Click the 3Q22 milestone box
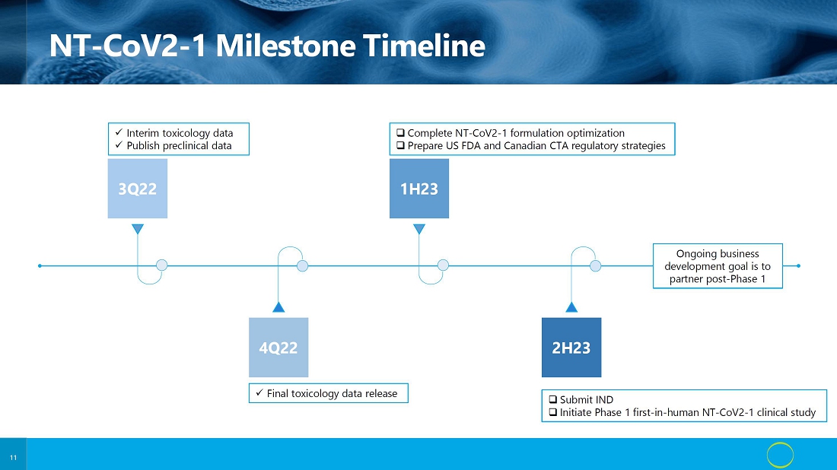138,189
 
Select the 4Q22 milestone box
278,348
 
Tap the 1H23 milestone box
419,189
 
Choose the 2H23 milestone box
571,348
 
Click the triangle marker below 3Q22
138,229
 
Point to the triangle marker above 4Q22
278,306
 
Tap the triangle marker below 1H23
419,229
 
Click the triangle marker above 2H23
571,306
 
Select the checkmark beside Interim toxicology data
119,132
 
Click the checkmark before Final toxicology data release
259,392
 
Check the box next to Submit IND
553,399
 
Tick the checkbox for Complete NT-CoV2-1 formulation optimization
400,133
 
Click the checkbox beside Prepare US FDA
400,146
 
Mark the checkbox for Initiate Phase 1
553,412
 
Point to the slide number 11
14,458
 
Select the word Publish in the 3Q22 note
143,146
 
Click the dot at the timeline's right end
798,265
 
